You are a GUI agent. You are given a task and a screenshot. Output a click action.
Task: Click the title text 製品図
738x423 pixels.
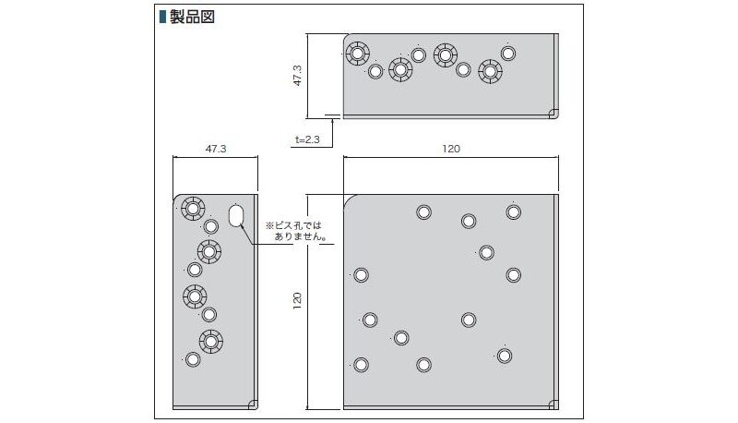tap(193, 17)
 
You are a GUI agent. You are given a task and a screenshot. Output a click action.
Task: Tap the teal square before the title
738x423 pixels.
tap(162, 17)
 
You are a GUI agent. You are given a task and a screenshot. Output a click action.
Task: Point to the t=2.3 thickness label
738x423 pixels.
tap(307, 139)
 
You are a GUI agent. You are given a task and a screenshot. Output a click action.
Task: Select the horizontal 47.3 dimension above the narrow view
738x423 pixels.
tap(215, 148)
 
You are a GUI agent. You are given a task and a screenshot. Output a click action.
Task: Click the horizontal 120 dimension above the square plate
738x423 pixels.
tap(450, 148)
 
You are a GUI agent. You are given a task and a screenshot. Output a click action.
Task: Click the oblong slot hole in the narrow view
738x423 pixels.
tap(235, 216)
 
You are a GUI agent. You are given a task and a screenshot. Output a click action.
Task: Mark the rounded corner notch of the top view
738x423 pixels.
tap(553, 114)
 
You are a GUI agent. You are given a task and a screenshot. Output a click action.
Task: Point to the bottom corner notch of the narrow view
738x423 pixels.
tap(252, 403)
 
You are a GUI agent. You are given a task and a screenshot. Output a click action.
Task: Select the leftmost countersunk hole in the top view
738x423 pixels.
tap(357, 54)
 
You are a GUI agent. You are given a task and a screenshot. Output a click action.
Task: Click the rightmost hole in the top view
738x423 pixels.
tap(508, 53)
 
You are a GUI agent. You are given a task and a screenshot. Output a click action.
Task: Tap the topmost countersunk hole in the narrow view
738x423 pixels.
tap(192, 208)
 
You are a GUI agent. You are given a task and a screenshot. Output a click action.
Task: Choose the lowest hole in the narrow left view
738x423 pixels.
tap(193, 358)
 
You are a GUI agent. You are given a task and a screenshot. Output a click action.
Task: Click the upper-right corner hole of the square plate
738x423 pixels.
tap(514, 212)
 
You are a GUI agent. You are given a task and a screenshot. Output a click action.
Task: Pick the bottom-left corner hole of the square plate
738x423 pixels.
tap(361, 364)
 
